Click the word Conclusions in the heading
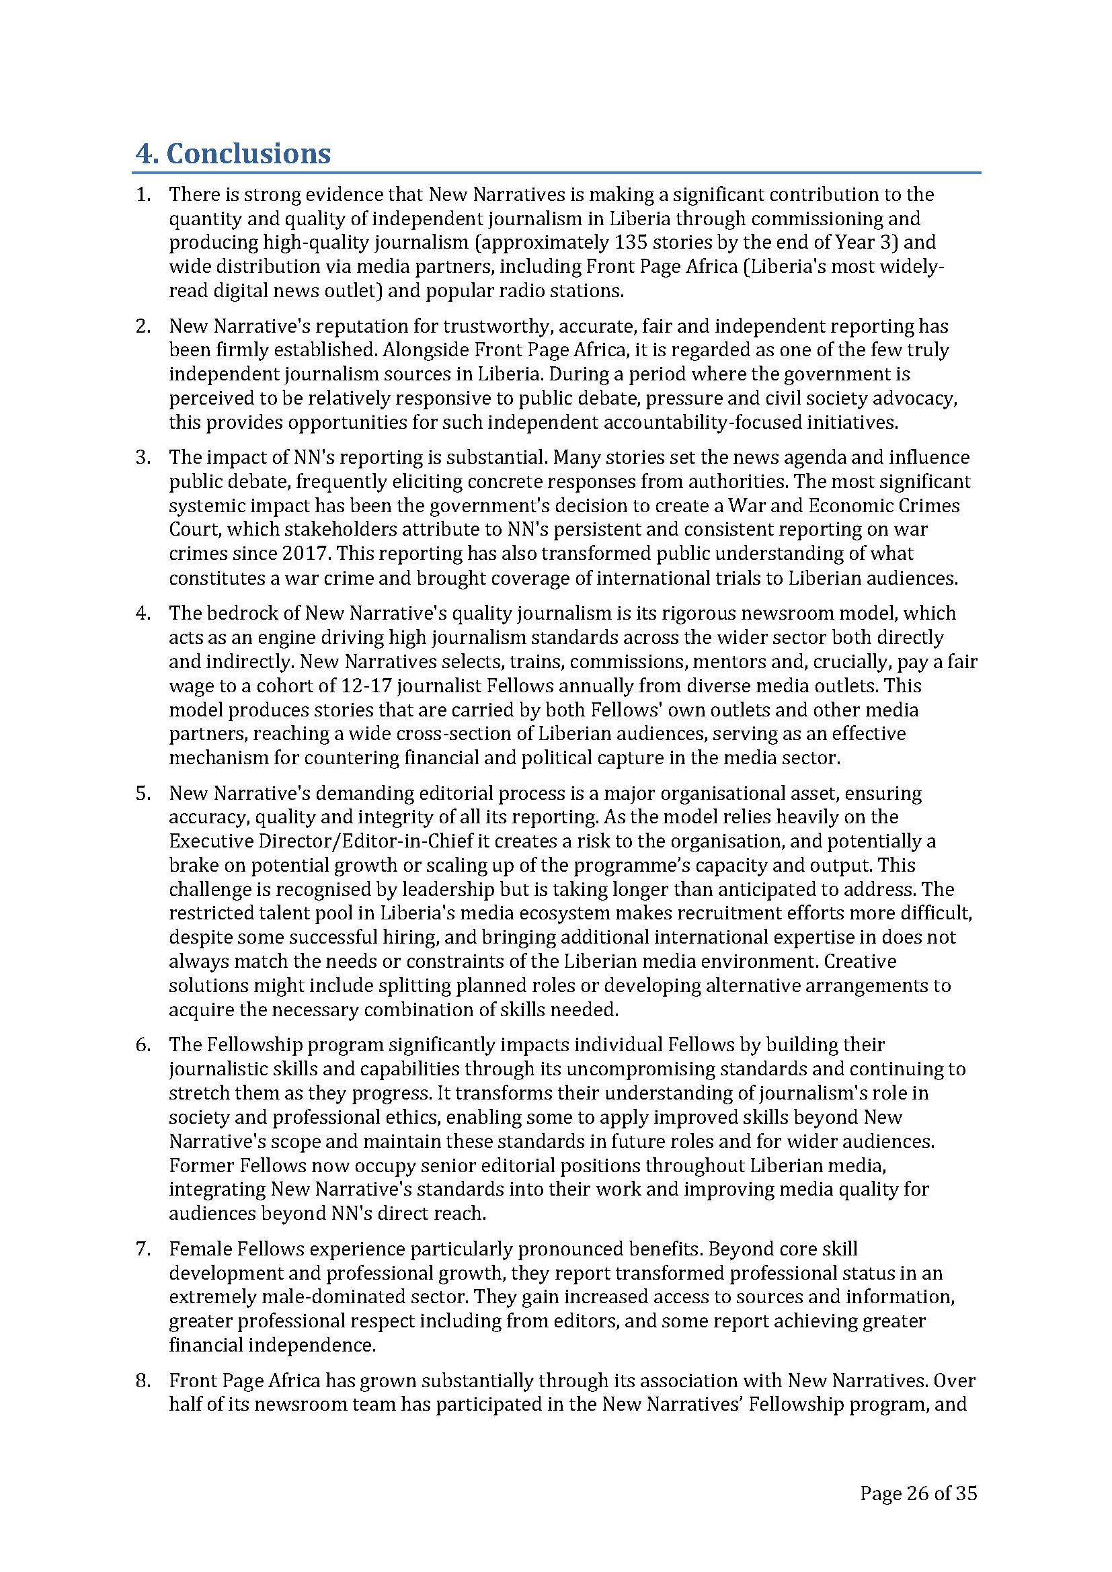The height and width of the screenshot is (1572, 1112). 249,153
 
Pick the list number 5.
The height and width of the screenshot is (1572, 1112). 143,793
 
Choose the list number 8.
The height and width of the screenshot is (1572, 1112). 143,1380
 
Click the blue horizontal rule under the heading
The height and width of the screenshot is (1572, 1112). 556,173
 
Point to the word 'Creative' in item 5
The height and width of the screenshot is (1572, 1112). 859,961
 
